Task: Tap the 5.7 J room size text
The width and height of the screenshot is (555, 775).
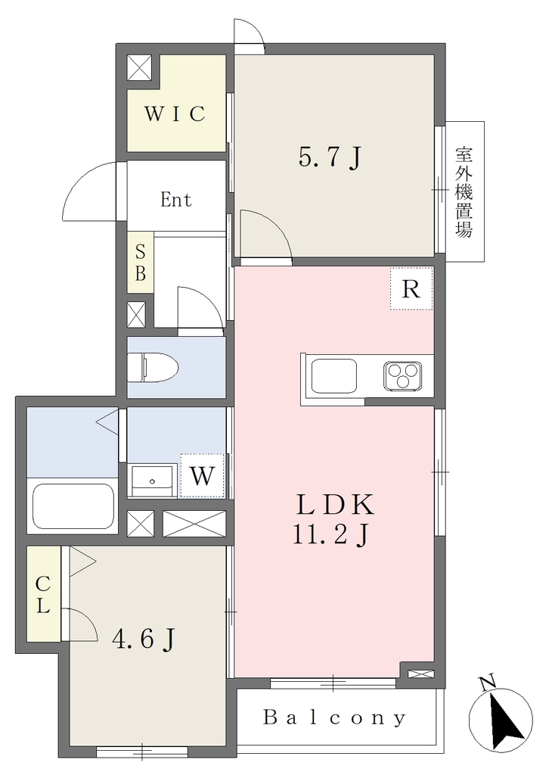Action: [x=330, y=157]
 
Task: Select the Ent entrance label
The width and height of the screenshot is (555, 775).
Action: [x=175, y=200]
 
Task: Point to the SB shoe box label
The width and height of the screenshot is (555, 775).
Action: [x=141, y=263]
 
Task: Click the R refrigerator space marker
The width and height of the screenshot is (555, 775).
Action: [x=411, y=288]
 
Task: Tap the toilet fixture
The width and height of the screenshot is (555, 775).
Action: [x=153, y=367]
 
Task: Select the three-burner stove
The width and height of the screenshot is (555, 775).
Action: [x=404, y=375]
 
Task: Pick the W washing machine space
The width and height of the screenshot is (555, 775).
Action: [x=203, y=475]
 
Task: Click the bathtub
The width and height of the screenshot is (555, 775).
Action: [x=73, y=506]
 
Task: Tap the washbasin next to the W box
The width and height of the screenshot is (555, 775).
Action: [x=153, y=480]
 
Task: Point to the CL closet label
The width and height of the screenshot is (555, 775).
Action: [x=43, y=594]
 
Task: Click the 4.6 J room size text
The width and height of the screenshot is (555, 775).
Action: [x=144, y=640]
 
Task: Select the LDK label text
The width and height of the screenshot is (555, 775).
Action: [x=335, y=505]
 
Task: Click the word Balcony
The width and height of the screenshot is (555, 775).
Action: [x=335, y=717]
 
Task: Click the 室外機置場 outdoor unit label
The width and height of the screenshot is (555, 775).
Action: [x=464, y=191]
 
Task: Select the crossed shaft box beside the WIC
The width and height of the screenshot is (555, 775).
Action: [x=141, y=67]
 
